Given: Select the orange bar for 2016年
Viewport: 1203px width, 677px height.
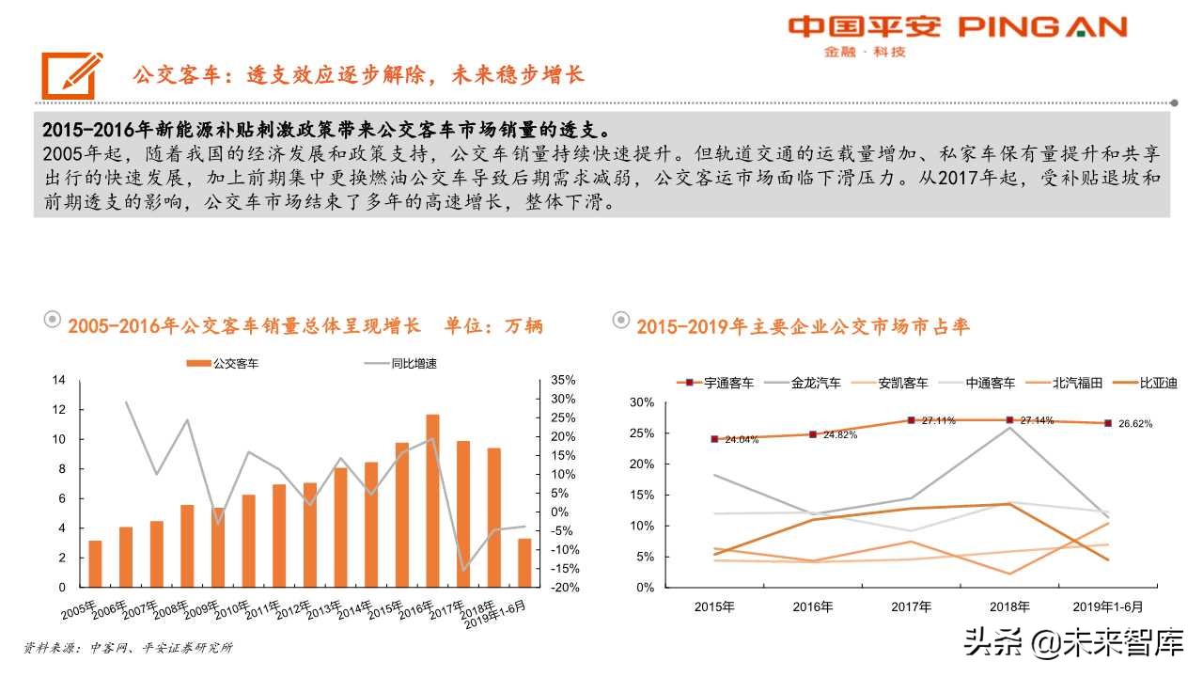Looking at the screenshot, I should (432, 500).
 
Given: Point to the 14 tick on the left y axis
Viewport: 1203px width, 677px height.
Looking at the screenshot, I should (58, 380).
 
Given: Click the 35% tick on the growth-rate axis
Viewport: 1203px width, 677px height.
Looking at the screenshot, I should (563, 380).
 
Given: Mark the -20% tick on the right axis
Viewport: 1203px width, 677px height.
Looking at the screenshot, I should (563, 588).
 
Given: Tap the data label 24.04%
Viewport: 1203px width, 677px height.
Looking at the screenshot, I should (742, 440).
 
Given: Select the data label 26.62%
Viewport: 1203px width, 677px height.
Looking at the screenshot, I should (1133, 424).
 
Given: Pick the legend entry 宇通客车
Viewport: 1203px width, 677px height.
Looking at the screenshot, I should (716, 383).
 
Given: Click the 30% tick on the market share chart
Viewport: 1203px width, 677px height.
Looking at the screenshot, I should (640, 402).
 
